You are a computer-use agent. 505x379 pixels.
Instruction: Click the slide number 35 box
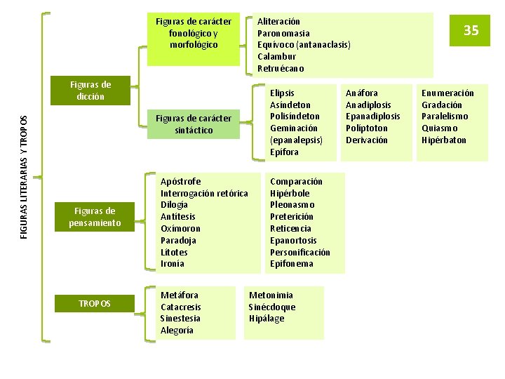(x=471, y=31)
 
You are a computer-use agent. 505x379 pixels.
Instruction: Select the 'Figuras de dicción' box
(x=90, y=91)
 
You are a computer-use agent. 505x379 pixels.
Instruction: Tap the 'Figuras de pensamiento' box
(x=95, y=217)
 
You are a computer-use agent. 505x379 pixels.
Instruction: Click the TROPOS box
(x=95, y=303)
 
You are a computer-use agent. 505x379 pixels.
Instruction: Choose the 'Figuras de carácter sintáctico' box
(x=194, y=124)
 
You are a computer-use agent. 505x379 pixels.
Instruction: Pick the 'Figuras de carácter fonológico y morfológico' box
(x=194, y=33)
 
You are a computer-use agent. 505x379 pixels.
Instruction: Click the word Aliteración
(x=278, y=22)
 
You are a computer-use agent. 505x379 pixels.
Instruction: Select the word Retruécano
(x=281, y=68)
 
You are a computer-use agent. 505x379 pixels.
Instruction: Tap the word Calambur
(x=276, y=56)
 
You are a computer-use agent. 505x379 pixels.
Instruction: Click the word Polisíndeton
(x=295, y=117)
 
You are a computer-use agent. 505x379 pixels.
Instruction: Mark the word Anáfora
(x=361, y=93)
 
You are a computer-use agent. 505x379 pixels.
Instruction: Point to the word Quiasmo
(x=439, y=128)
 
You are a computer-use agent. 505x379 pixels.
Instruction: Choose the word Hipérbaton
(x=443, y=140)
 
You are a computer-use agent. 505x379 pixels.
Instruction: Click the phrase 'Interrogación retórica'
(x=204, y=193)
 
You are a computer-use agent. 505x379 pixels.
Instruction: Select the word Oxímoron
(x=180, y=228)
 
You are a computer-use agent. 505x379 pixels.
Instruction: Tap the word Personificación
(x=299, y=252)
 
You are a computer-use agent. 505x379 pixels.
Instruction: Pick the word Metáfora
(x=180, y=295)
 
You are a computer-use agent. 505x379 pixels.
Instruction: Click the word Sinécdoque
(x=272, y=307)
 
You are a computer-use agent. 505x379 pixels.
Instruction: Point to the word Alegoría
(x=177, y=330)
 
